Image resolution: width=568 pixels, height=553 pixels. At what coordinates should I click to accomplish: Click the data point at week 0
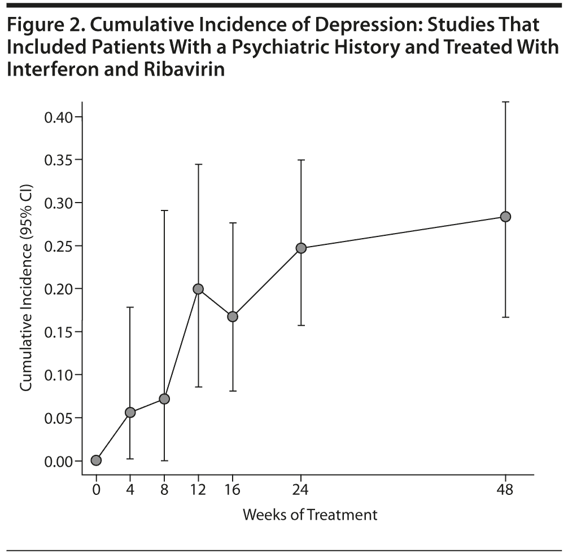click(x=96, y=460)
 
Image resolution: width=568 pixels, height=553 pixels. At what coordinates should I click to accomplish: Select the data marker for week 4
click(x=130, y=412)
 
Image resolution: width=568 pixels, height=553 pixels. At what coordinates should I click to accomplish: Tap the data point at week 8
click(x=164, y=399)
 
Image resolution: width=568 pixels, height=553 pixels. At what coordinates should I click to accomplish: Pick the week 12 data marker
click(x=198, y=289)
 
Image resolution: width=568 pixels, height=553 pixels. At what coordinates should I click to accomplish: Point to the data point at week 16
click(x=233, y=317)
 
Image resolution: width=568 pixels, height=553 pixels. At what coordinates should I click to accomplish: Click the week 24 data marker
click(x=301, y=248)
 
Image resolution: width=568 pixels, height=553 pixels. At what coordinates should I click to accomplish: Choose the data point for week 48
click(x=505, y=217)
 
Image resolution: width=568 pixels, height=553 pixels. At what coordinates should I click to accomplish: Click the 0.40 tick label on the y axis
click(x=58, y=117)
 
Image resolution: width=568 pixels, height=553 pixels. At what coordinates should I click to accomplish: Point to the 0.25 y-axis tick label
click(x=58, y=246)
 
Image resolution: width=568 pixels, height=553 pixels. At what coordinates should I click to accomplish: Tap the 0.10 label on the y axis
click(x=58, y=375)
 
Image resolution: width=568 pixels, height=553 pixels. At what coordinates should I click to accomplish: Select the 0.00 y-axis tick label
click(x=58, y=461)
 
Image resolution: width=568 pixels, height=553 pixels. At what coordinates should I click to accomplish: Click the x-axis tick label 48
click(x=505, y=490)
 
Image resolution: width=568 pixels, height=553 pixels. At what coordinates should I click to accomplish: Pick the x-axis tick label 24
click(x=301, y=490)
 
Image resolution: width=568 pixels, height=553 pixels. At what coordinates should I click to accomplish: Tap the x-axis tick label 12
click(x=198, y=490)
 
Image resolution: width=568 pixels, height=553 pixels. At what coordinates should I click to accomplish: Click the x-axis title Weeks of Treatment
click(x=309, y=515)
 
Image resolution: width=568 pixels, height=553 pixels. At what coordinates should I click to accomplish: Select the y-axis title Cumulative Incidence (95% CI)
click(x=26, y=288)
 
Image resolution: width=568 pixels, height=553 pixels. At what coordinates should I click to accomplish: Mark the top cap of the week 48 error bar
click(x=505, y=102)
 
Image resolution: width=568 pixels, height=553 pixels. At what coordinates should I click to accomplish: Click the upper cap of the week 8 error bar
click(x=164, y=210)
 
